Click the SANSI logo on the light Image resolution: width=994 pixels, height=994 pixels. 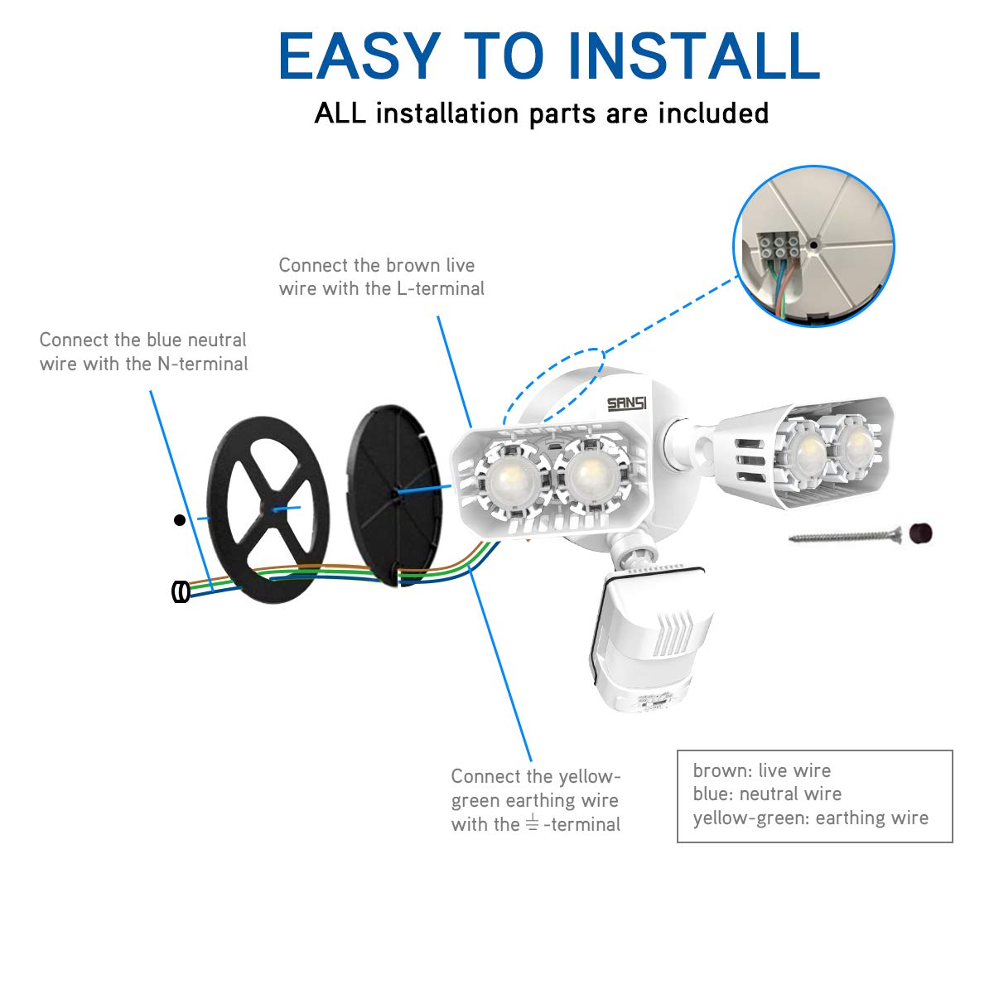point(626,403)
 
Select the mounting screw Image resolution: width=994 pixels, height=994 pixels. point(845,537)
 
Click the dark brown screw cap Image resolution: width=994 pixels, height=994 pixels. point(921,533)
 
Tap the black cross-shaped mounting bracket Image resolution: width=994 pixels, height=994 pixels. point(268,509)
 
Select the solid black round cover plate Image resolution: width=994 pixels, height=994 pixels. point(394,495)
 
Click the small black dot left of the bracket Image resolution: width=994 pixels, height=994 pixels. point(180,520)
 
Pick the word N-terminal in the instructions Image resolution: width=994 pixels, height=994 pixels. point(203,364)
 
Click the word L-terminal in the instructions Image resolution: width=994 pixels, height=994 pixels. point(441,288)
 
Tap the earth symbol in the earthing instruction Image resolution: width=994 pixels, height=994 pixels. point(532,823)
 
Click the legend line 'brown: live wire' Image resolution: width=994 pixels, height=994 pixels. point(762,770)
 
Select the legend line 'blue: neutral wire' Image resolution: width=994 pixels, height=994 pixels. point(767,794)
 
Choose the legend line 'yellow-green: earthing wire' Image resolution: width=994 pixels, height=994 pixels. point(810,818)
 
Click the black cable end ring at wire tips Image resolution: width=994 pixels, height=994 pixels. point(181,591)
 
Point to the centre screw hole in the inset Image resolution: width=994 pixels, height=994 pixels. point(813,245)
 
